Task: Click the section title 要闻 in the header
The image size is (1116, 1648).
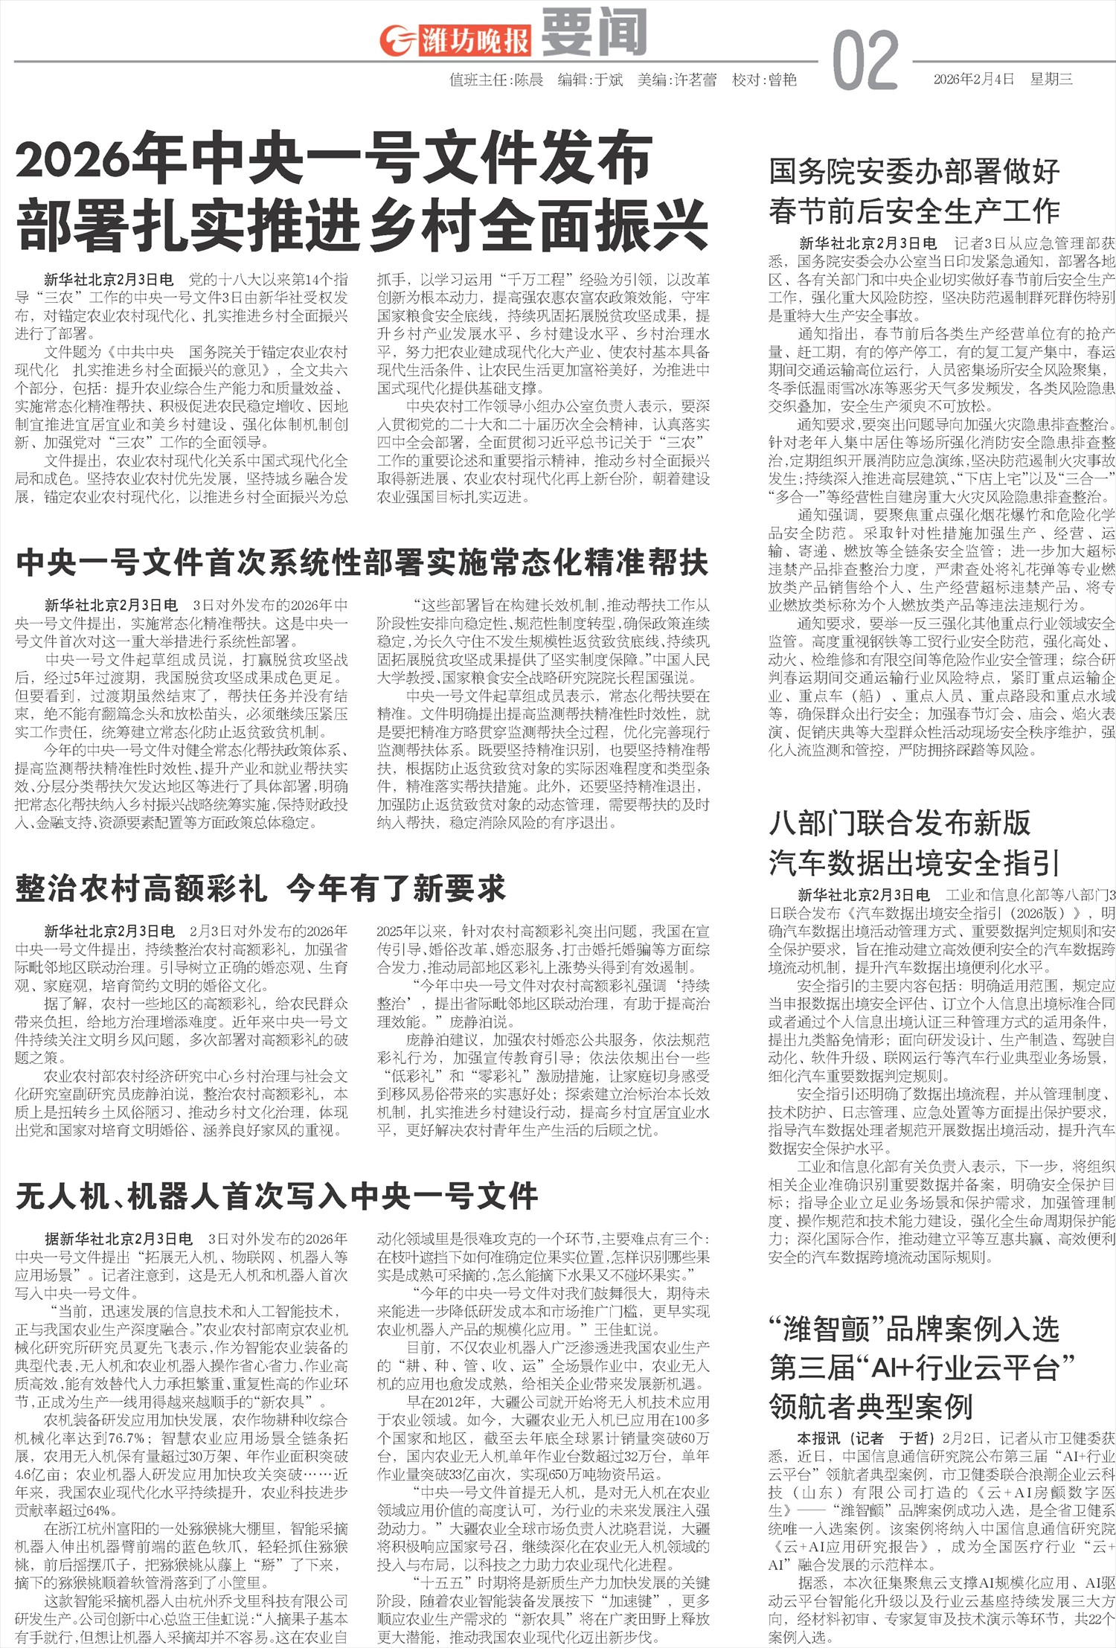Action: pos(593,33)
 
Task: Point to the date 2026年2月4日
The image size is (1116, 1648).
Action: pos(974,80)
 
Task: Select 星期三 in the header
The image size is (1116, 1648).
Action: pos(1051,80)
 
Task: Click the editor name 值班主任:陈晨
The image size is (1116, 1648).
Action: pos(496,80)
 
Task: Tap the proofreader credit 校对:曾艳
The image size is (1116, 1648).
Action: pos(764,80)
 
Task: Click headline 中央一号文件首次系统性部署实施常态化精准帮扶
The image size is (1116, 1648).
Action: pos(362,562)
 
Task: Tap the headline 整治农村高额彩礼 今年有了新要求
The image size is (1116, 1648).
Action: pos(260,888)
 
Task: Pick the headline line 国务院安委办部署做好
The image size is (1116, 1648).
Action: pos(914,172)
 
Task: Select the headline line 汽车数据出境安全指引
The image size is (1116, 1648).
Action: pos(914,863)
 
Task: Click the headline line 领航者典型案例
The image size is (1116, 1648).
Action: pos(871,1406)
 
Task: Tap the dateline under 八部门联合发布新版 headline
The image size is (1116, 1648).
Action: pos(864,895)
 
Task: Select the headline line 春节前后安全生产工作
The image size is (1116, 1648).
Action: pos(914,211)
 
